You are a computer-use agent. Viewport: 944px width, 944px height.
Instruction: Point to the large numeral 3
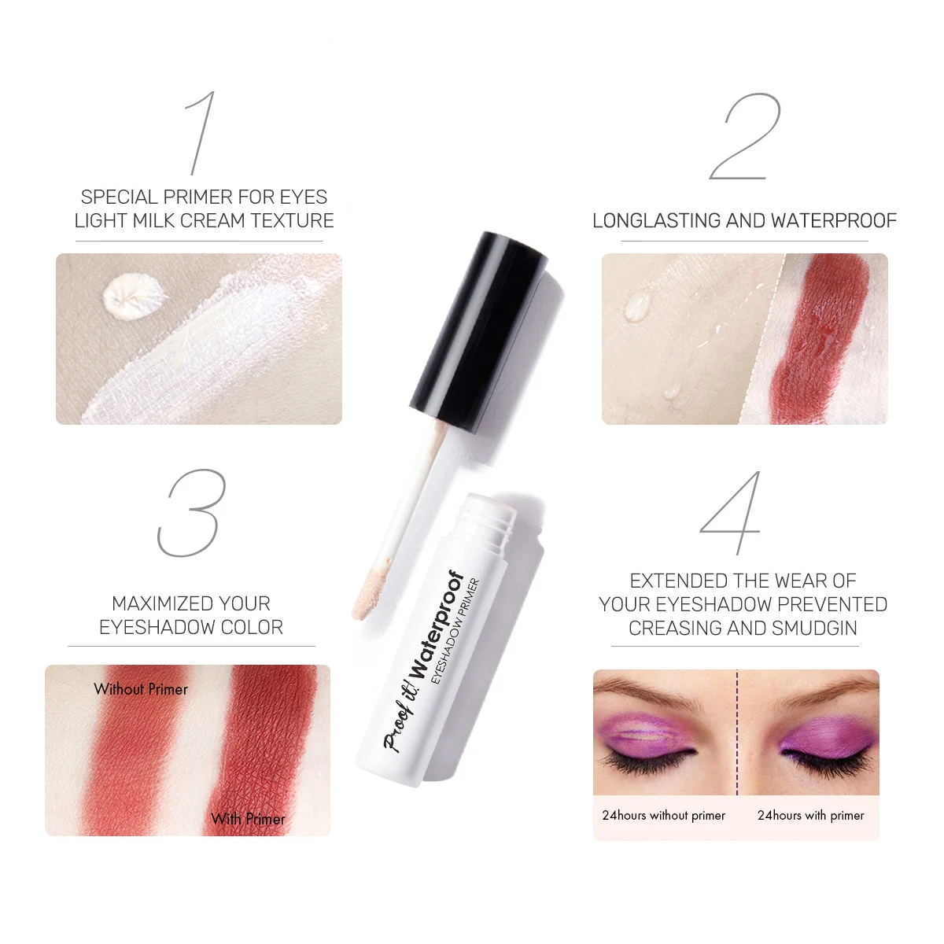pyautogui.click(x=192, y=512)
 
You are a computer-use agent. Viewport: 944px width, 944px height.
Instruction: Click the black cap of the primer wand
pyautogui.click(x=478, y=332)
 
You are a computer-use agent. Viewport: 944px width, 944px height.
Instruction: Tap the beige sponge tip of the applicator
pyautogui.click(x=369, y=592)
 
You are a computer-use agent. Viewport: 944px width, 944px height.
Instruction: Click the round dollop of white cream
pyautogui.click(x=133, y=297)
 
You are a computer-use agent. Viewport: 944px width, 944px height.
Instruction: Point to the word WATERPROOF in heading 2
pyautogui.click(x=834, y=221)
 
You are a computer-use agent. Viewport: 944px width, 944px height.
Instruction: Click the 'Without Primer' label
pyautogui.click(x=141, y=689)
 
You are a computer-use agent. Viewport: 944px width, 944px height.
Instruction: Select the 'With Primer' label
pyautogui.click(x=248, y=819)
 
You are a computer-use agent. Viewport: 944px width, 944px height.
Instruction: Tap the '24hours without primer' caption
pyautogui.click(x=663, y=815)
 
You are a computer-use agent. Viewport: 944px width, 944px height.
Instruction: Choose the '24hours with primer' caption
pyautogui.click(x=811, y=815)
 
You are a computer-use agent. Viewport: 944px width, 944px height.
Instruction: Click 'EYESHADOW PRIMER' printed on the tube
pyautogui.click(x=455, y=631)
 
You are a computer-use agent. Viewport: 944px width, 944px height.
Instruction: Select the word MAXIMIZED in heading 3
pyautogui.click(x=155, y=604)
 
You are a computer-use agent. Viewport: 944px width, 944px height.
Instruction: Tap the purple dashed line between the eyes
pyautogui.click(x=737, y=732)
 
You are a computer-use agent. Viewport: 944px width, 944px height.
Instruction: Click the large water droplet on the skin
pyautogui.click(x=638, y=304)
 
